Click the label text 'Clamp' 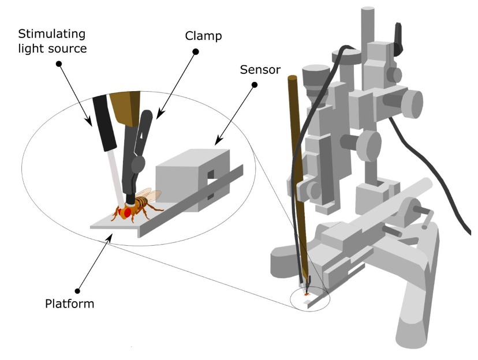(203, 36)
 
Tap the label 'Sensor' (260, 70)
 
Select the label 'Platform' (69, 303)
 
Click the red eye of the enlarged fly (128, 213)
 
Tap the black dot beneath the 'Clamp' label (196, 52)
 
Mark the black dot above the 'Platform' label (78, 287)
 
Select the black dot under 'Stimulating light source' (58, 63)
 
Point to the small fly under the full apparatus (306, 294)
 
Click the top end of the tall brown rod (292, 78)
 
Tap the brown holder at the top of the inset (124, 107)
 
